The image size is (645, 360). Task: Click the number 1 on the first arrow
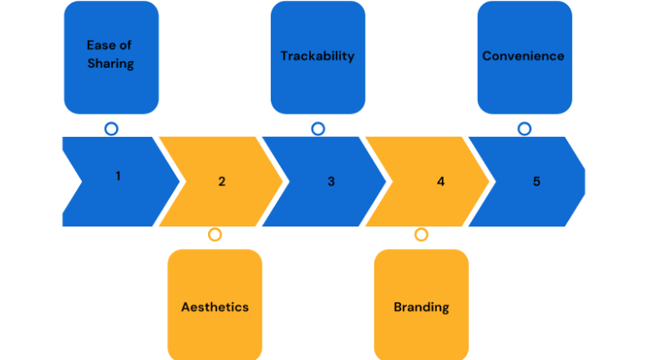[x=118, y=176]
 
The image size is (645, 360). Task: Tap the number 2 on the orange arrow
[x=221, y=181]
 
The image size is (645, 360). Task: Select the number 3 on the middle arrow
[x=331, y=181]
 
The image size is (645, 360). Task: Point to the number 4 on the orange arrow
[x=441, y=181]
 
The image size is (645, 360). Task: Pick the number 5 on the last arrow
[x=536, y=181]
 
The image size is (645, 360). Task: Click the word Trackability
[x=317, y=56]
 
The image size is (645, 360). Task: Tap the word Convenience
[x=524, y=56]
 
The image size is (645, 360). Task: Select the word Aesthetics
[x=215, y=307]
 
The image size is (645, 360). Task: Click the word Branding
[x=421, y=307]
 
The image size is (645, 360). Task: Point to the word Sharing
[x=110, y=64]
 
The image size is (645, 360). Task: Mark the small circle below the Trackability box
[x=317, y=129]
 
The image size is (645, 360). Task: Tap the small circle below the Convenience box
[x=524, y=129]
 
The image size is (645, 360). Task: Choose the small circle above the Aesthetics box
[x=215, y=235]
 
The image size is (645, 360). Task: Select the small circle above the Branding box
[x=421, y=235]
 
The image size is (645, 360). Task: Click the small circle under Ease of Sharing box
[x=110, y=129]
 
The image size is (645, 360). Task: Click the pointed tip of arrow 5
[x=583, y=181]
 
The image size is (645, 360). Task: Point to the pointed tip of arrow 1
[x=179, y=181]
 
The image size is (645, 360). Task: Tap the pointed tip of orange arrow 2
[x=282, y=181]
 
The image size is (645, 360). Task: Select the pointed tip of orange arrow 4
[x=489, y=181]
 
